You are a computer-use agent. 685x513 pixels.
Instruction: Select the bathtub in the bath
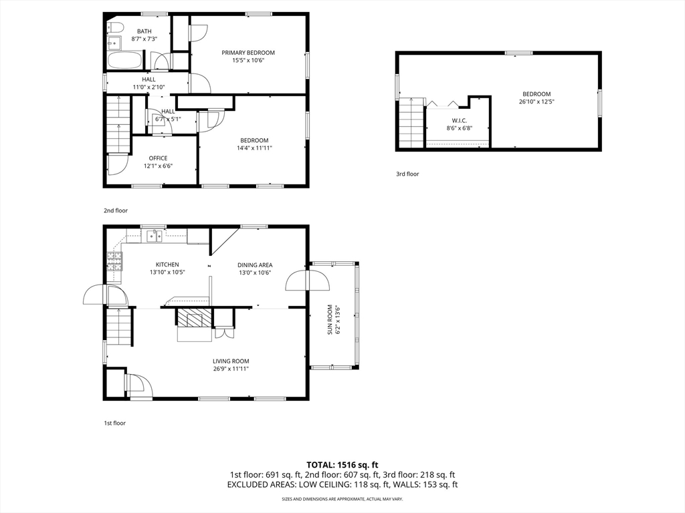pos(125,59)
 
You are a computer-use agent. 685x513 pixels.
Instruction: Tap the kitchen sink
pos(155,236)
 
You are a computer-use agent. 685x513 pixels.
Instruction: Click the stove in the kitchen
pos(114,262)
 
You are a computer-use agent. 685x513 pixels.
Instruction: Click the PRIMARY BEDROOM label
pos(248,53)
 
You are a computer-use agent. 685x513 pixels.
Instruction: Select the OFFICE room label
pos(158,158)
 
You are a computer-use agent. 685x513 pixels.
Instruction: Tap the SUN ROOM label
pos(330,320)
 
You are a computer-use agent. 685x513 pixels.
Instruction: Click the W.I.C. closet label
pos(460,120)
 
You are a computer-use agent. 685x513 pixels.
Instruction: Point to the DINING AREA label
pos(255,265)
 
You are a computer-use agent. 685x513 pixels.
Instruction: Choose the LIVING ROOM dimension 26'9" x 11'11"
pos(231,369)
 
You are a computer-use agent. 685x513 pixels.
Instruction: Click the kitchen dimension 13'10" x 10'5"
pos(167,273)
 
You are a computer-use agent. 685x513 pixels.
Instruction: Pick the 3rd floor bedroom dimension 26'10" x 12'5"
pos(536,102)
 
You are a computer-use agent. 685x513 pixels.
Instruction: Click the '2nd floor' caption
pos(116,210)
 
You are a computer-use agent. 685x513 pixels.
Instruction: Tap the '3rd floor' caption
pos(407,174)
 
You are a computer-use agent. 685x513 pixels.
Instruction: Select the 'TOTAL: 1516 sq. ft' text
pos(342,465)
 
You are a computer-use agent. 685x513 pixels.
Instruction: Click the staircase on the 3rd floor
pos(411,124)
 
